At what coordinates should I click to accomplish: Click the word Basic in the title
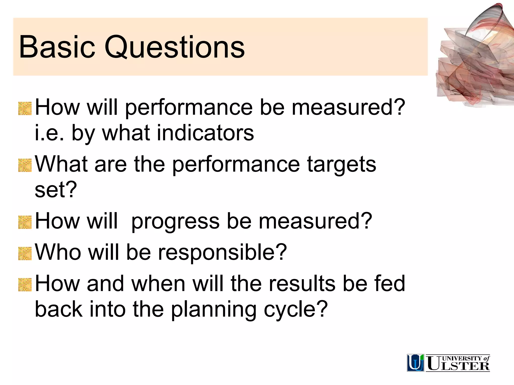[57, 47]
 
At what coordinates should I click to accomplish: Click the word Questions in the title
[174, 48]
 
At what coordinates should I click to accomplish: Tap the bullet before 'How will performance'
[25, 108]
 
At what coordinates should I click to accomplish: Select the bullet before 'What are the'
[25, 165]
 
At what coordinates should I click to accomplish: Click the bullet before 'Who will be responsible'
[25, 253]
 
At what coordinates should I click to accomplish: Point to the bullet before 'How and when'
[25, 284]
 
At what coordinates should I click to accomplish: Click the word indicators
[205, 133]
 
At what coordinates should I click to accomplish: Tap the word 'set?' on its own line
[55, 190]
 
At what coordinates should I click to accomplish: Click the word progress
[175, 222]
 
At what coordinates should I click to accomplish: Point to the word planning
[214, 310]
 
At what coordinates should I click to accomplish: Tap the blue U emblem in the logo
[415, 363]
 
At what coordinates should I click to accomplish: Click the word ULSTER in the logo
[458, 366]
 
